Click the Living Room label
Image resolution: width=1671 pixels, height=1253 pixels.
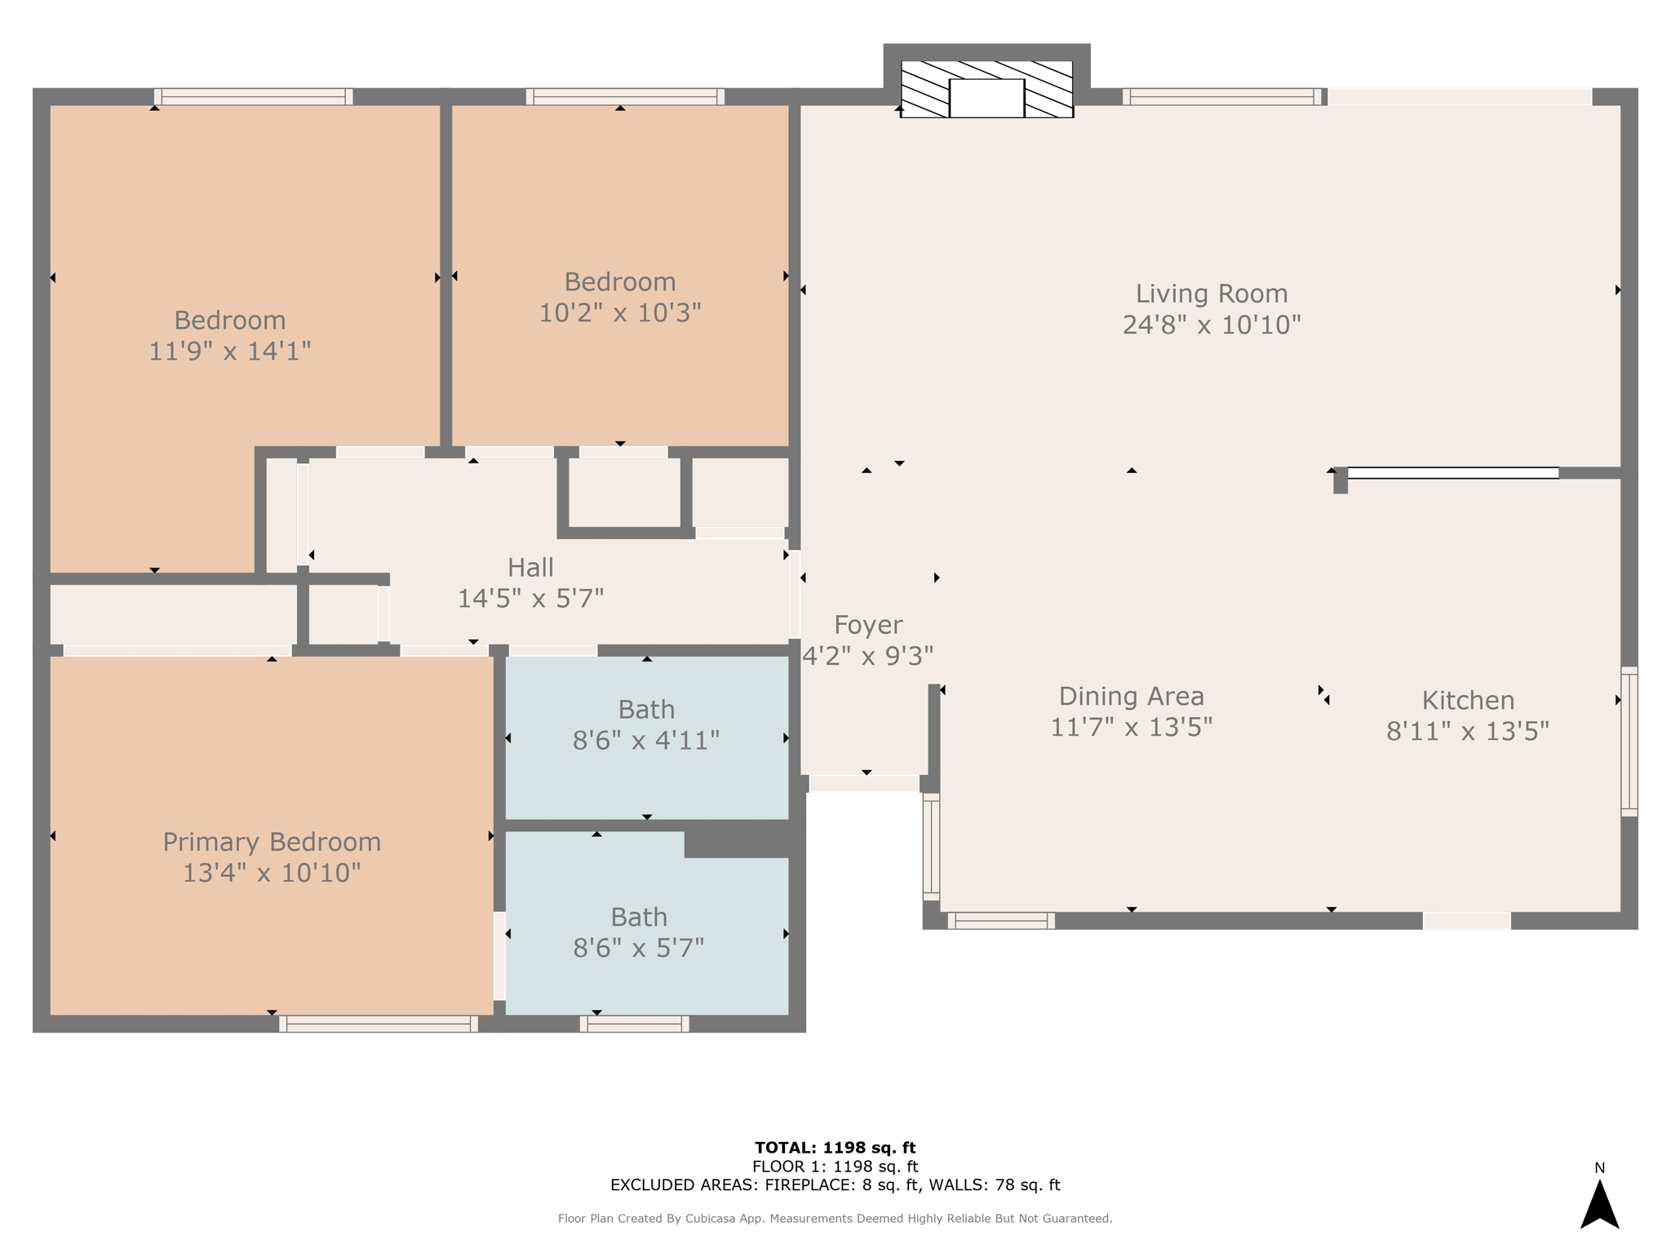(x=1212, y=294)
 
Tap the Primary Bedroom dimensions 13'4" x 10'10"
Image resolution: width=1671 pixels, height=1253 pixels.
(x=272, y=873)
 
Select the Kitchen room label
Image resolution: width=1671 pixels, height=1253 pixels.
(x=1468, y=700)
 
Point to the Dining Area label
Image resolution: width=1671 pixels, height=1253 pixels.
(x=1131, y=696)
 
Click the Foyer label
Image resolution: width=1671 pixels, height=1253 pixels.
(x=868, y=625)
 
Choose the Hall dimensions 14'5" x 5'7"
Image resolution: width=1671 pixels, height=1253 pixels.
(x=530, y=599)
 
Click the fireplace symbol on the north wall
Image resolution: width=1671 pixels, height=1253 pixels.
(x=986, y=89)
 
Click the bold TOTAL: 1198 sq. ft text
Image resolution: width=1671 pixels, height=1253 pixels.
(x=835, y=1148)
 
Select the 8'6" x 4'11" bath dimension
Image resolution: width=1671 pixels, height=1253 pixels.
(x=646, y=741)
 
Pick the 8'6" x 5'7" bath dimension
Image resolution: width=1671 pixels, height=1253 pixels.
(x=639, y=948)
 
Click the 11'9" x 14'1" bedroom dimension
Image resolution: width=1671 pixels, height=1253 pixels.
(x=230, y=351)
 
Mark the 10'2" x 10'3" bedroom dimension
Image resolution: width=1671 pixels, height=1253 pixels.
(x=620, y=312)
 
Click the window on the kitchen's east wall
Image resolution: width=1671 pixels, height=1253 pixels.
(x=1629, y=742)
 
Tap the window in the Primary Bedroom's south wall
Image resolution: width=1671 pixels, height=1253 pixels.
(x=379, y=1024)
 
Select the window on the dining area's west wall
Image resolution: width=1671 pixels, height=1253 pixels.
(x=931, y=847)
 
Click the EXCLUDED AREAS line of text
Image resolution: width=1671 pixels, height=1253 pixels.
(x=835, y=1185)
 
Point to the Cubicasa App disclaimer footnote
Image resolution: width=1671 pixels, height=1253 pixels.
(x=835, y=1219)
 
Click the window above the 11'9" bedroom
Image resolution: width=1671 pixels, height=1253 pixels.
(x=254, y=96)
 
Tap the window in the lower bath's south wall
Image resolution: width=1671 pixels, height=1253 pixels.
(x=635, y=1024)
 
